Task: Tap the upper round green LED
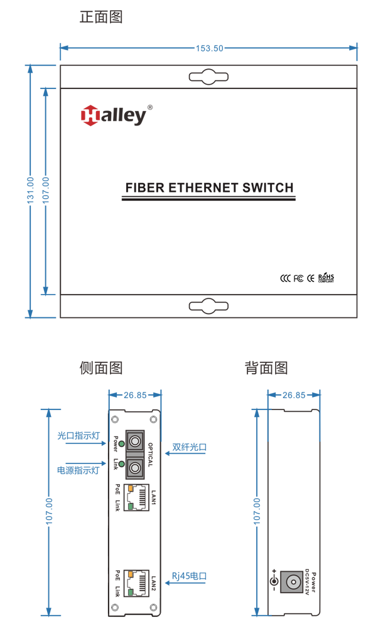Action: [x=121, y=444]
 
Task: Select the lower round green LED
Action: [x=121, y=464]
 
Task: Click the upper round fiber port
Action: [x=135, y=441]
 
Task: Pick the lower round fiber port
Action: [x=135, y=466]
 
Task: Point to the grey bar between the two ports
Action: [x=135, y=454]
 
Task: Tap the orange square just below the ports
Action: [x=130, y=488]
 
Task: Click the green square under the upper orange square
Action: [x=130, y=506]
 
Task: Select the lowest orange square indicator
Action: [x=130, y=574]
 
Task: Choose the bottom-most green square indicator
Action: [x=130, y=593]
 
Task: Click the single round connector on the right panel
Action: [x=292, y=582]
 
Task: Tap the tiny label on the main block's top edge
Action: [x=210, y=55]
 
